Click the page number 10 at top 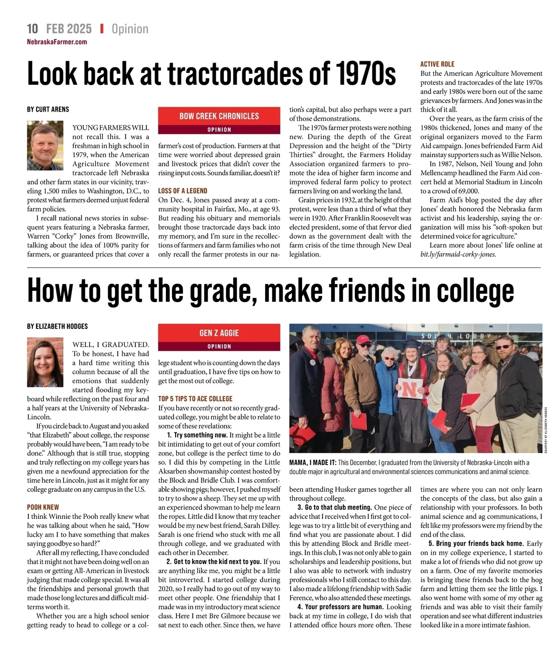(32, 29)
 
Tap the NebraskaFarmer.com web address (57, 42)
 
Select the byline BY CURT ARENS (48, 109)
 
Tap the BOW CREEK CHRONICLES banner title (219, 116)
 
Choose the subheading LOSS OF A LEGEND (183, 191)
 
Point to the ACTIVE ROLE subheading (437, 64)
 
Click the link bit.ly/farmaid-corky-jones (458, 254)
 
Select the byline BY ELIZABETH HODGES (57, 326)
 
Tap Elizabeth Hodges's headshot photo (45, 362)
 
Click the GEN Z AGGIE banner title (219, 333)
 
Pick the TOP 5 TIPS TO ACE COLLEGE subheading (195, 398)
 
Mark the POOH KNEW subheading (43, 507)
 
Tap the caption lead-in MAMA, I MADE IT (313, 462)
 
